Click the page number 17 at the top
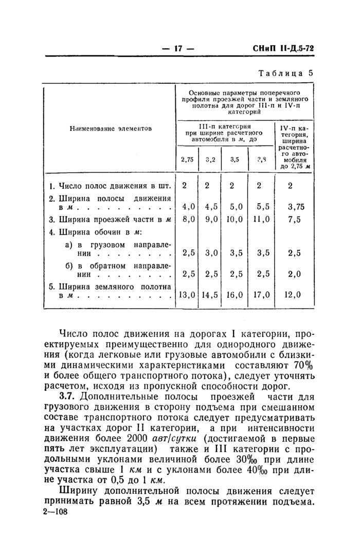[178, 48]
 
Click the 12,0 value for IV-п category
[294, 295]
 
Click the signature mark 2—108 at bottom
[53, 513]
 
